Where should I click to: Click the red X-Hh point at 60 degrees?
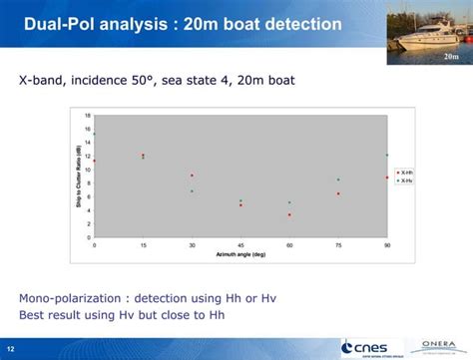[x=289, y=214]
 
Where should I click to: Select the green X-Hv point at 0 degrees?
[x=95, y=134]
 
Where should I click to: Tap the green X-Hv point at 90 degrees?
[x=387, y=155]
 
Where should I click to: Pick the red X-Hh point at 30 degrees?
[x=192, y=176]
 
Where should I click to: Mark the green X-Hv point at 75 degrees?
[x=338, y=180]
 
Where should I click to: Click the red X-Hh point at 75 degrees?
[x=338, y=193]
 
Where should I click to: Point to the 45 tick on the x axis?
[x=240, y=244]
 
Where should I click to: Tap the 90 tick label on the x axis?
[x=387, y=244]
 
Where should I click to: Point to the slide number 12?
[x=11, y=348]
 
